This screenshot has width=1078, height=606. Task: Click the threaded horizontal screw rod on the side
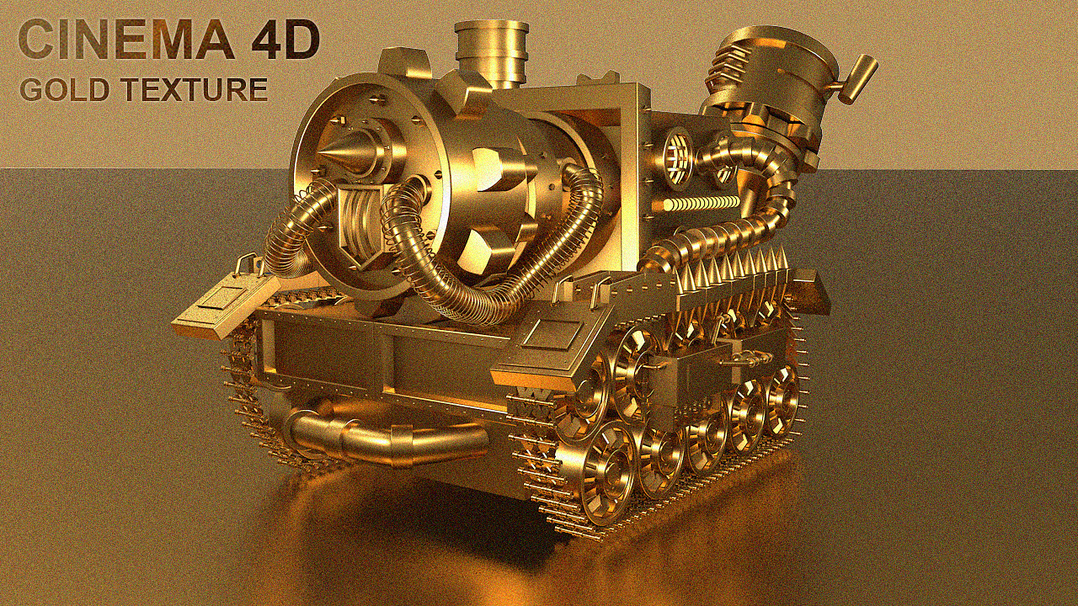(699, 205)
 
